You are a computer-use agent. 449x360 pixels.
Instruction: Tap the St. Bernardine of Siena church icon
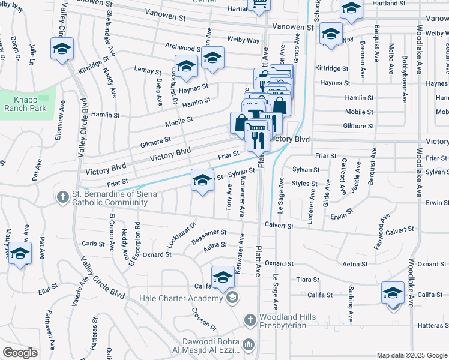[x=62, y=196]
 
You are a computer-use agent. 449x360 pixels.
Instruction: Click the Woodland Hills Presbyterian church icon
[x=250, y=320]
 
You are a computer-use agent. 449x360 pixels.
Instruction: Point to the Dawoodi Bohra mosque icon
[x=248, y=344]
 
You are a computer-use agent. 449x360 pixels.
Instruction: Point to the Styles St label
[x=305, y=184]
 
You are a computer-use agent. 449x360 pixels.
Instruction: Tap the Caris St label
[x=93, y=244]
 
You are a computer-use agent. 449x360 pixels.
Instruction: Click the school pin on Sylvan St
[x=202, y=180]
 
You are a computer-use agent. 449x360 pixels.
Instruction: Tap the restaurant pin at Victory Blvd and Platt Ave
[x=257, y=141]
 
